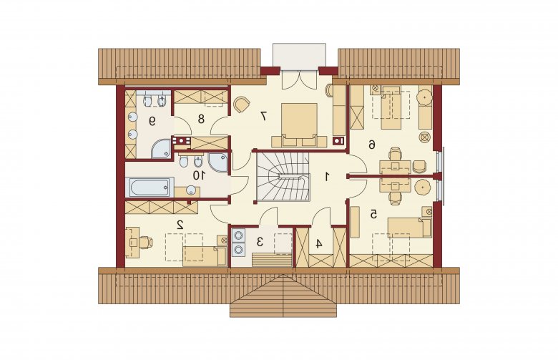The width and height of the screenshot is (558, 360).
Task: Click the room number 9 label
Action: click(152, 122)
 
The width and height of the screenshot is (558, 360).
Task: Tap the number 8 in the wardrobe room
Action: click(201, 119)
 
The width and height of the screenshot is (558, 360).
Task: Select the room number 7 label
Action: click(264, 116)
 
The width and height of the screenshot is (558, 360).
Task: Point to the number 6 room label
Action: click(371, 145)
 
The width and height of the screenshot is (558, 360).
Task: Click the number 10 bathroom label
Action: click(199, 175)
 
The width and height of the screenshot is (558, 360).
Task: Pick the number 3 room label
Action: click(260, 242)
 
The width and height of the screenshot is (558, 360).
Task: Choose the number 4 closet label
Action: click(319, 244)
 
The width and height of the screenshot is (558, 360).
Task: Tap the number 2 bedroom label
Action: click(180, 224)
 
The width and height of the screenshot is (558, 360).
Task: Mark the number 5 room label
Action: click(373, 214)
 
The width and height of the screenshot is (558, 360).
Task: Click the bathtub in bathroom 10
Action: click(150, 187)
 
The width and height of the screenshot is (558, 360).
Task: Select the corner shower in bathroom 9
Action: click(161, 149)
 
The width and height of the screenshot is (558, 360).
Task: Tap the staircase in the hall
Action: click(283, 177)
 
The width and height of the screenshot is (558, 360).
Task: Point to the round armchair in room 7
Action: click(242, 104)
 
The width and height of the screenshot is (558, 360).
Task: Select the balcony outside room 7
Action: click(299, 55)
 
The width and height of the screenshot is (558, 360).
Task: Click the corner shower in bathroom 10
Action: click(217, 162)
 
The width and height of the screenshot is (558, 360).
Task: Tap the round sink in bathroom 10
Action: click(192, 190)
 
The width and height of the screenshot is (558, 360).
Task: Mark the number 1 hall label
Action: click(326, 176)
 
